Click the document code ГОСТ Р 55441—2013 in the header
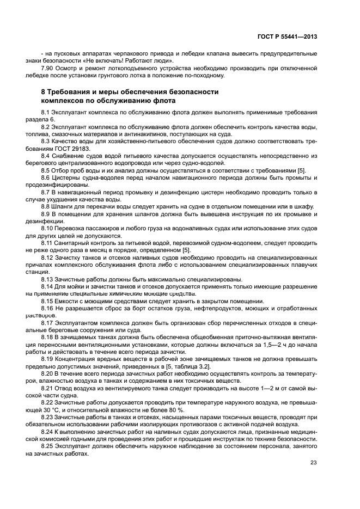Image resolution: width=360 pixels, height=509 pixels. pyautogui.click(x=288, y=36)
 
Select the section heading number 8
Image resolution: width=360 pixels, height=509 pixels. pyautogui.click(x=45, y=92)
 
